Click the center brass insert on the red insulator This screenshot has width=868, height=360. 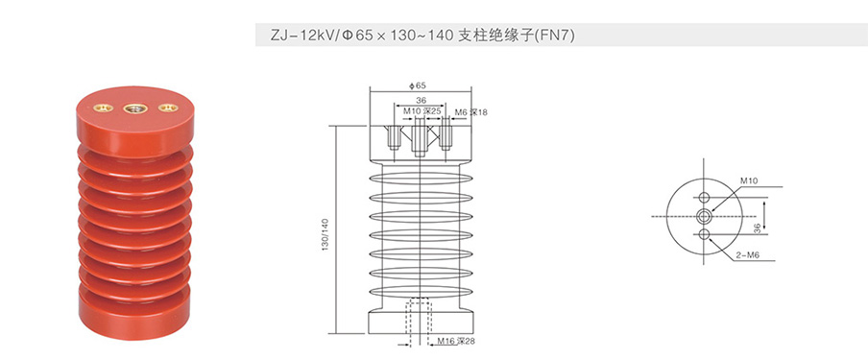click(x=134, y=108)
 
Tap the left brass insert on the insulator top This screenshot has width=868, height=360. click(x=103, y=108)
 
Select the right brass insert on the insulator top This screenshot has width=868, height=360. click(x=168, y=108)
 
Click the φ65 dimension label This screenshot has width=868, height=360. click(x=418, y=85)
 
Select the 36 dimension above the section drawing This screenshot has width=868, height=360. click(x=421, y=101)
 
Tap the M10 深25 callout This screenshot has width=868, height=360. click(x=422, y=111)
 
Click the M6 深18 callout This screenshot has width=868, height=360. click(x=471, y=112)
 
